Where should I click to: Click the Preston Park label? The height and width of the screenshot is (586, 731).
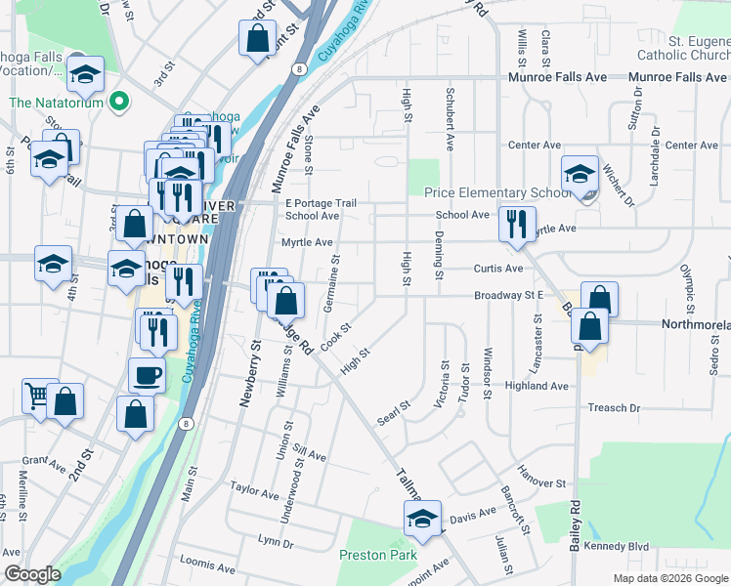click(x=377, y=555)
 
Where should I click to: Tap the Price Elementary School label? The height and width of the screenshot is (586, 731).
click(x=496, y=193)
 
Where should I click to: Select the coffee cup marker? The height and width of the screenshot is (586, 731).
click(x=148, y=374)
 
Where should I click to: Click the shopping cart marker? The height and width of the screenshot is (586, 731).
click(x=38, y=396)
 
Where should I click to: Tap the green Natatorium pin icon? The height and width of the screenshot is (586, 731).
click(x=119, y=102)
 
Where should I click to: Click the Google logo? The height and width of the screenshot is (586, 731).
click(x=32, y=574)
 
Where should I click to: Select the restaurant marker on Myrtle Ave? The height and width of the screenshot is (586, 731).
click(x=517, y=223)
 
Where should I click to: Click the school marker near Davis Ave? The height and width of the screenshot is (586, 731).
click(x=422, y=518)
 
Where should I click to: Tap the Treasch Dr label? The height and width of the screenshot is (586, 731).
click(x=614, y=407)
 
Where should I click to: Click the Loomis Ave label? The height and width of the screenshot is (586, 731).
click(x=208, y=566)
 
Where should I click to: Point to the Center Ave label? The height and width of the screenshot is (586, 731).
click(x=531, y=145)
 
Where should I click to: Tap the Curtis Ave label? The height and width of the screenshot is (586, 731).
click(x=498, y=269)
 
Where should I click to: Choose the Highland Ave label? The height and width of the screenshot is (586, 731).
click(x=537, y=386)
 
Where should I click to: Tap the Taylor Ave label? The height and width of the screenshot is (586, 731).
click(x=255, y=485)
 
